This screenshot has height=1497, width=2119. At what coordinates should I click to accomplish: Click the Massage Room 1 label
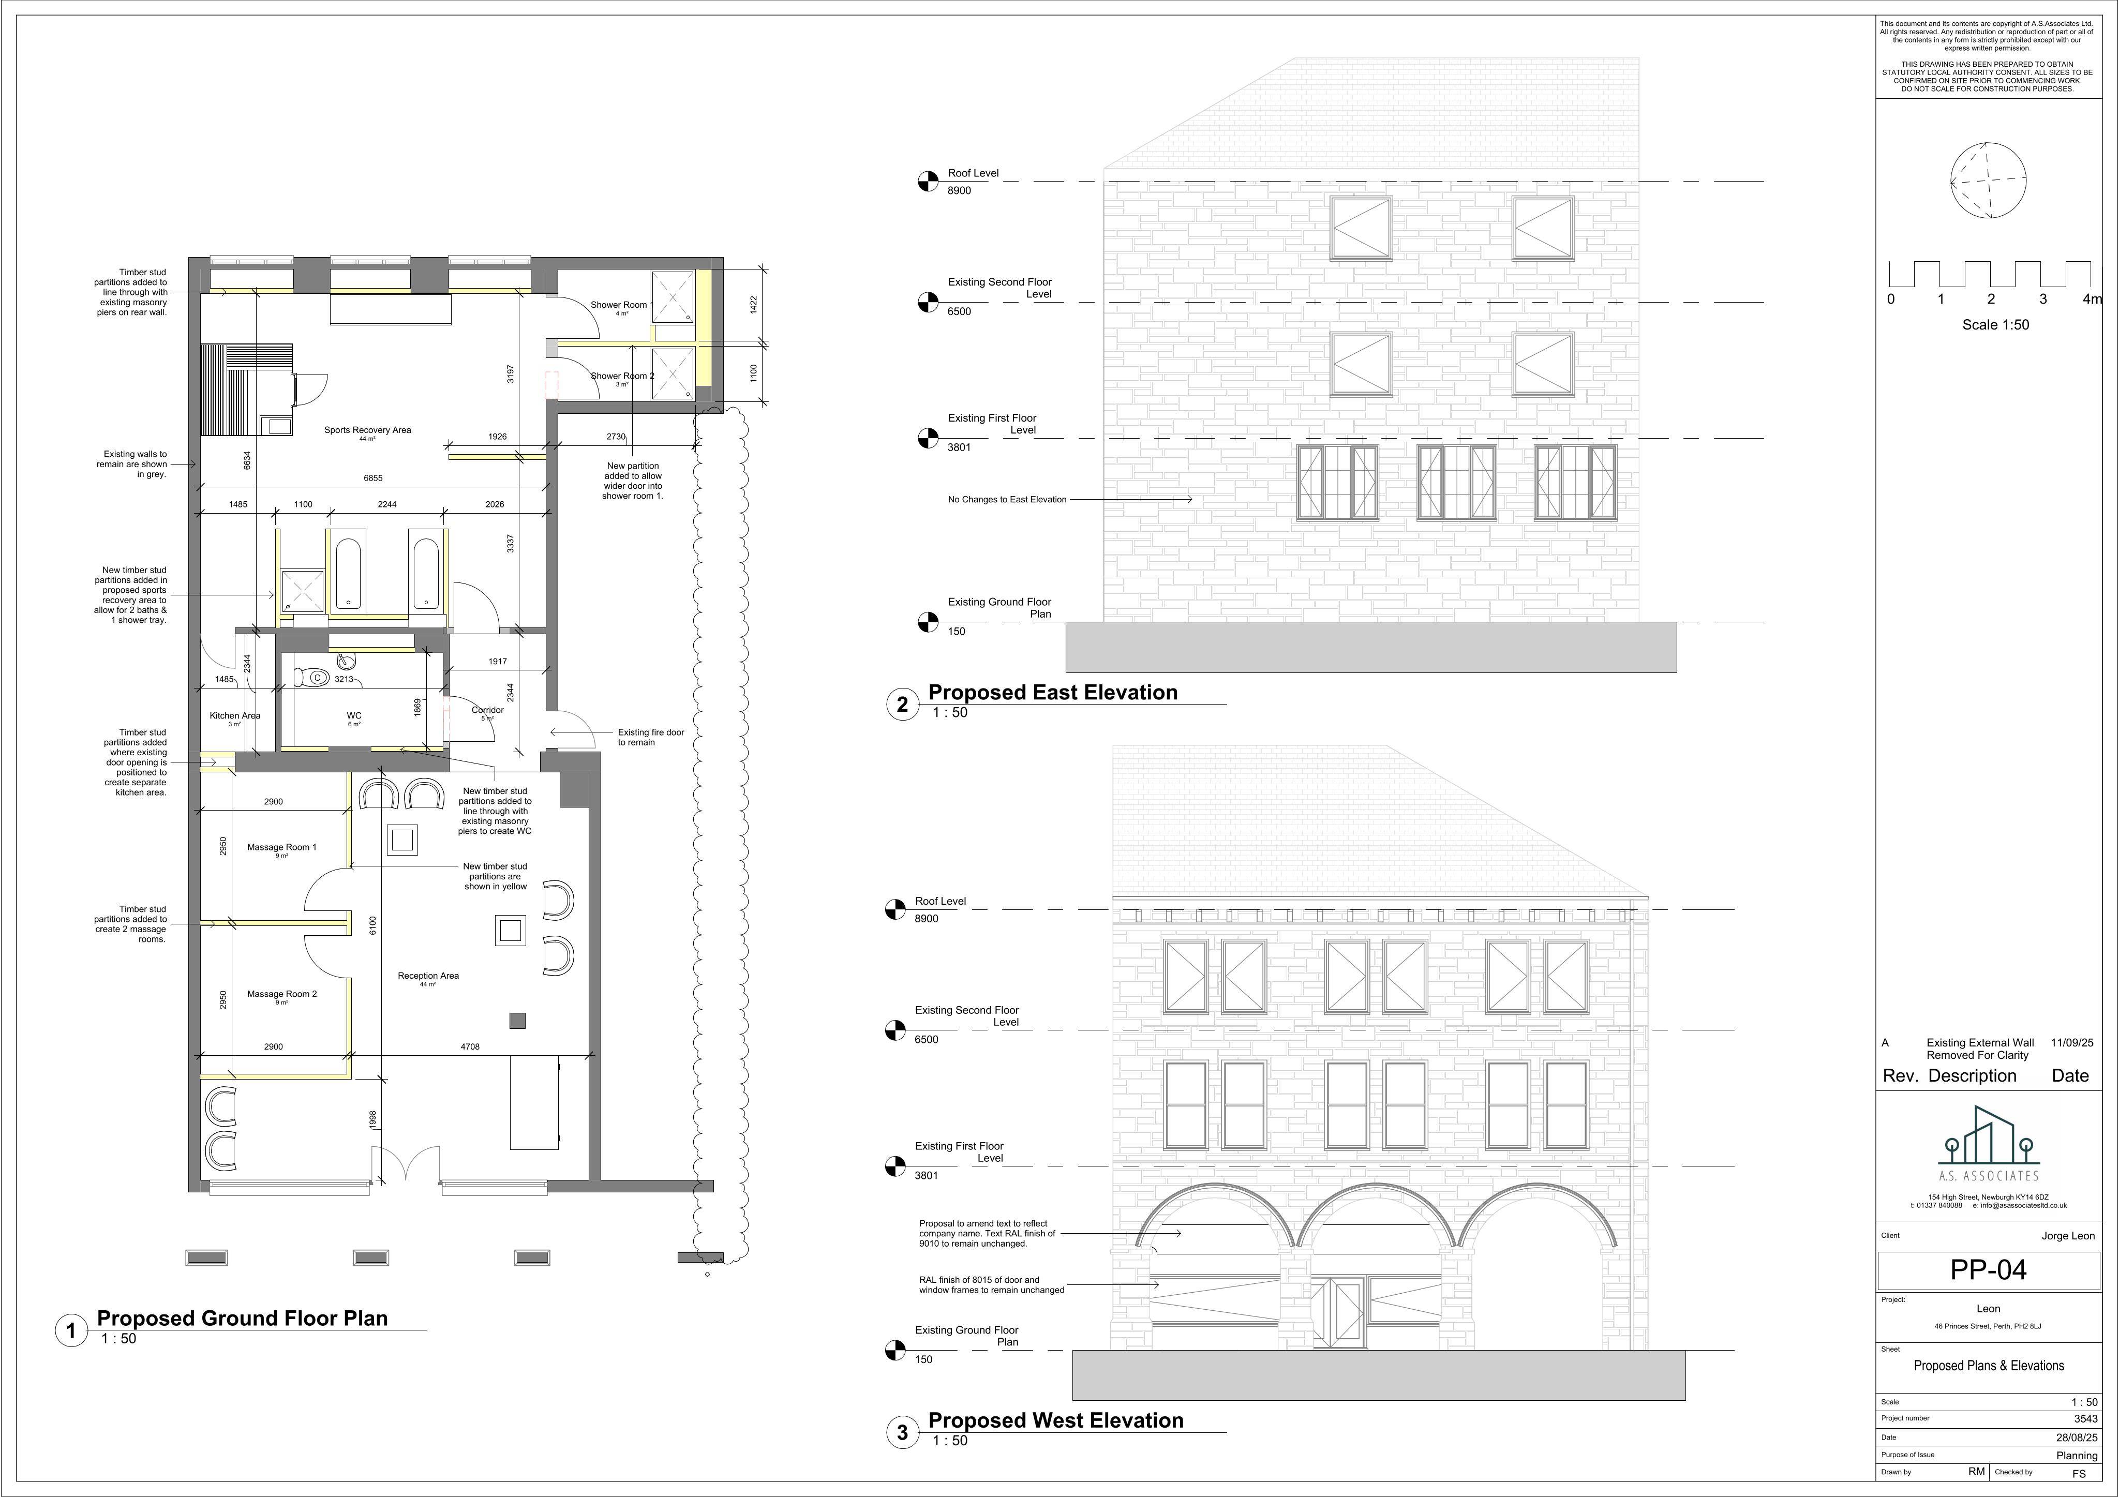281,847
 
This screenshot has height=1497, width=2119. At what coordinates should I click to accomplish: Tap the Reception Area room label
428,976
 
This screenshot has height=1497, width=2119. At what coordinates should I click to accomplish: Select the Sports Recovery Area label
367,430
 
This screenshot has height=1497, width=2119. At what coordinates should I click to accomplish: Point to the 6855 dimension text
373,478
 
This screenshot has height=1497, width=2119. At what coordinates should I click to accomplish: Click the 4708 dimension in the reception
470,1046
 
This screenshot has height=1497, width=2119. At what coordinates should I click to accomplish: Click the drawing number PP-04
1988,1270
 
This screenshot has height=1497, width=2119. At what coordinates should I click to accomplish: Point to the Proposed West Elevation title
1056,1420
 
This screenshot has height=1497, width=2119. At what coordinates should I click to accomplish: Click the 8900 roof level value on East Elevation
959,191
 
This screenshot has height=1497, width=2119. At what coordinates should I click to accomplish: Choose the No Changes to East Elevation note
1007,499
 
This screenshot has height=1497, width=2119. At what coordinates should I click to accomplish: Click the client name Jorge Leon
2068,1236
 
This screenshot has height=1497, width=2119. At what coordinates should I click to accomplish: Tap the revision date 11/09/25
2072,1043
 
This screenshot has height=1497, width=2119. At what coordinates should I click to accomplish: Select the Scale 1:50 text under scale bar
1995,325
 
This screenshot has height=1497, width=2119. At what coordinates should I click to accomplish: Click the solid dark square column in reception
518,1021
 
